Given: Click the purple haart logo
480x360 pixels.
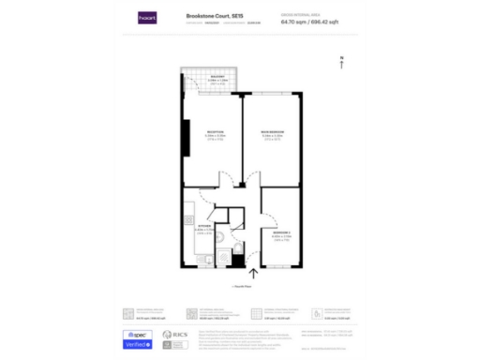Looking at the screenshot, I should [146, 16].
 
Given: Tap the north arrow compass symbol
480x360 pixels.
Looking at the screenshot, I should [343, 63].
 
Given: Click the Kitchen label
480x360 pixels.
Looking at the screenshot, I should [203, 226].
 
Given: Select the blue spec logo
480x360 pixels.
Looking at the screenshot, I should [139, 334].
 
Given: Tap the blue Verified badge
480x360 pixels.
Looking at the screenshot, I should [139, 345].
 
